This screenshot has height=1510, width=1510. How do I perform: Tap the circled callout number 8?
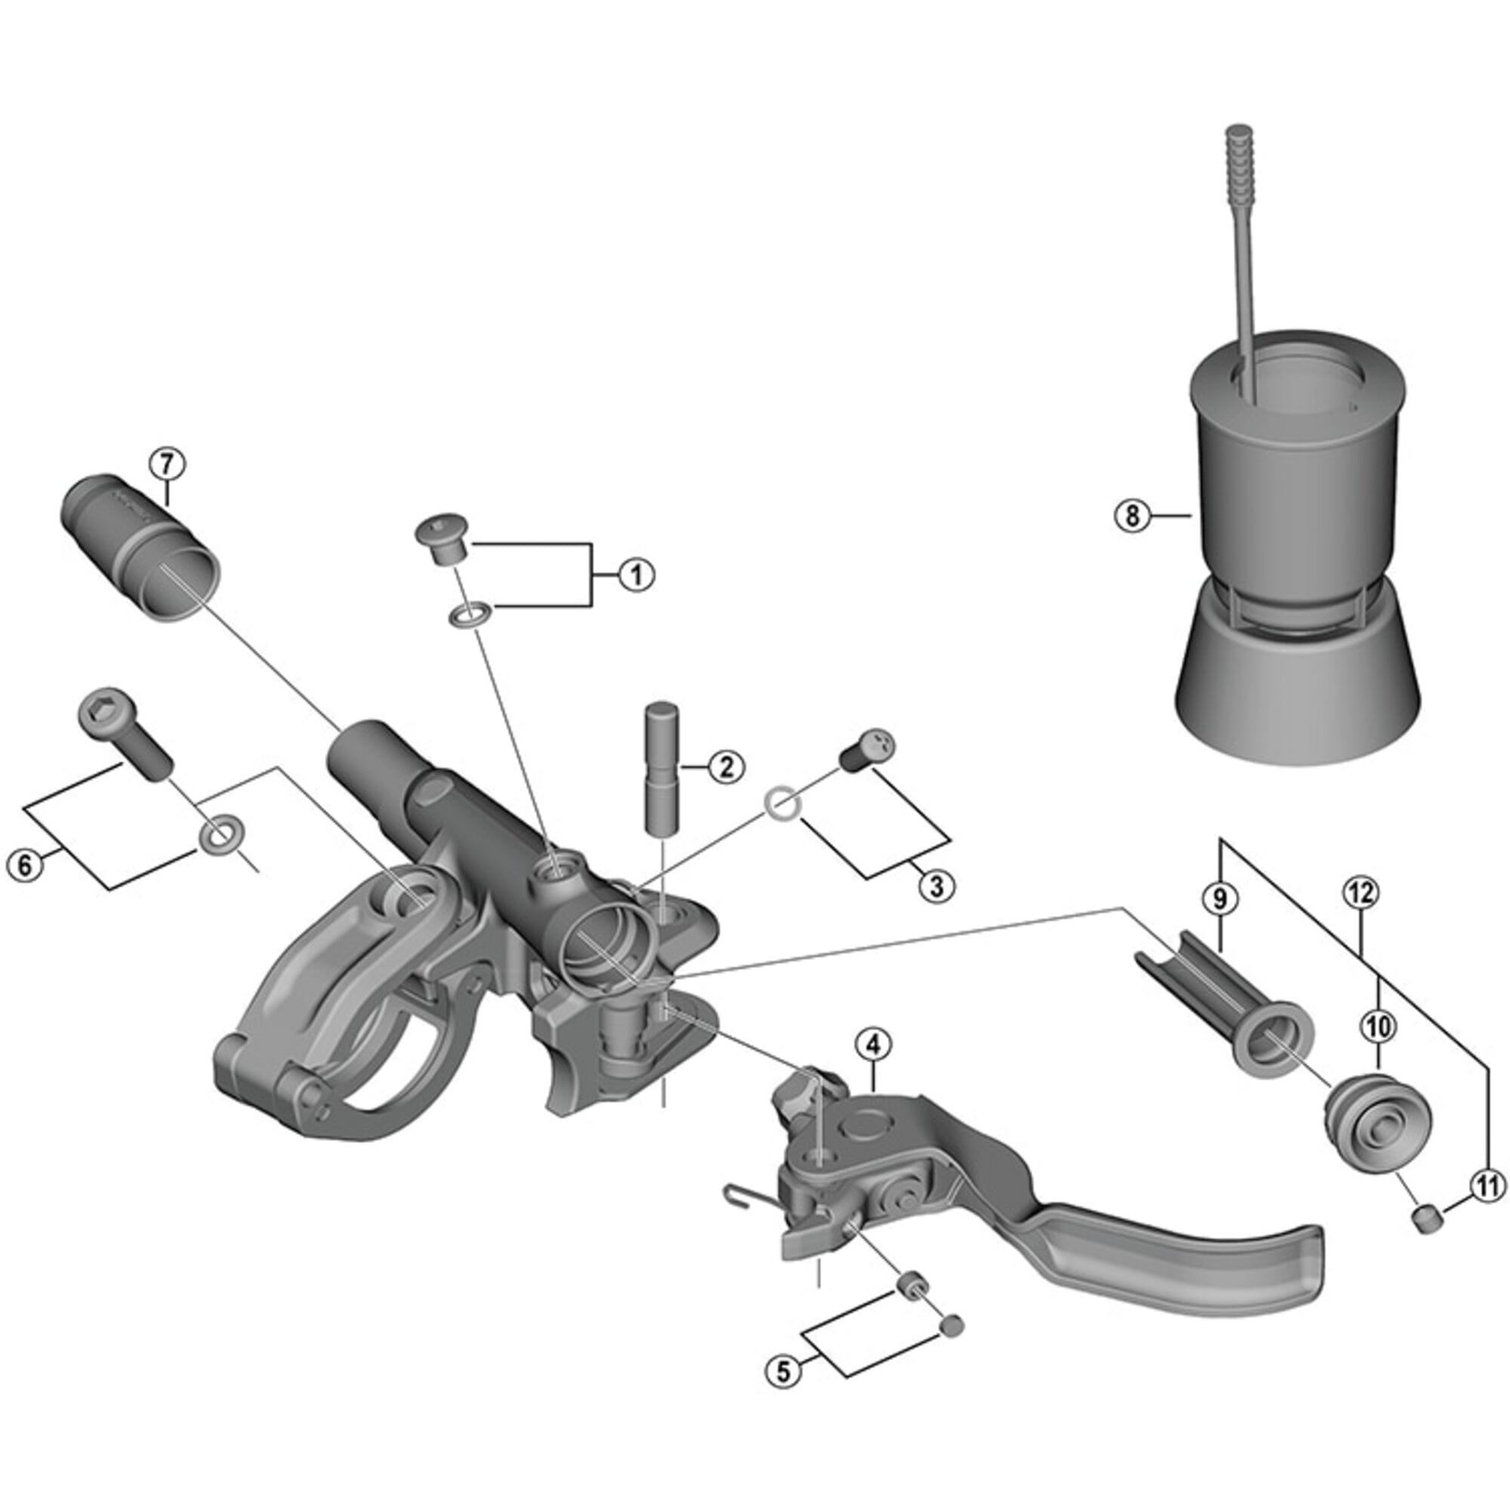(x=1133, y=516)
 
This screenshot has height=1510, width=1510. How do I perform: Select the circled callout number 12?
(x=1361, y=892)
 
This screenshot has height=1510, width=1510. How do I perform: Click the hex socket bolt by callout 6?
(x=125, y=735)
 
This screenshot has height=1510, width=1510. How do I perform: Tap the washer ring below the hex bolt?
(x=220, y=835)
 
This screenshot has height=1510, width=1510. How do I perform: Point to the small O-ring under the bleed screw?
(x=469, y=616)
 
